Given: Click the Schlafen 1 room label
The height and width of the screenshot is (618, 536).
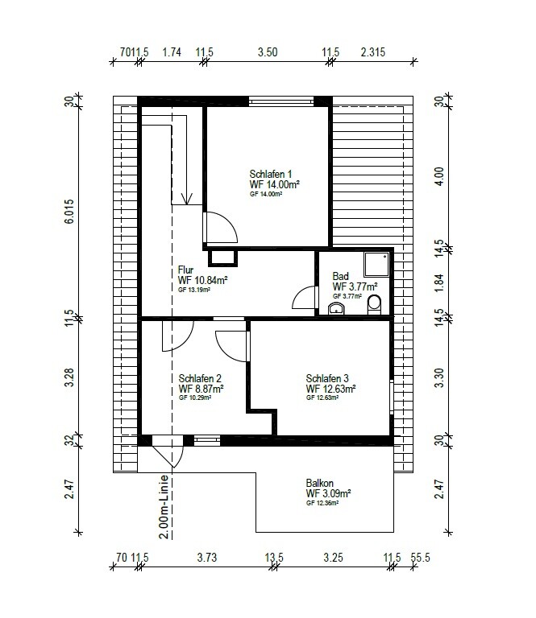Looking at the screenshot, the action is [x=271, y=174].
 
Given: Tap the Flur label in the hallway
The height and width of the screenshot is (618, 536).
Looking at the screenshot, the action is [x=185, y=270].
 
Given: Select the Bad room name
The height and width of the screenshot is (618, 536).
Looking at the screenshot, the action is [x=340, y=276].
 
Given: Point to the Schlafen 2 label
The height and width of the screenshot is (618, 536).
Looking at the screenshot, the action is [x=200, y=378].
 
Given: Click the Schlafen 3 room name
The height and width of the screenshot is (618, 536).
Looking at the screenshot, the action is [x=327, y=378].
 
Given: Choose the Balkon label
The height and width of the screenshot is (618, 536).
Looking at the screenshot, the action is [x=320, y=483].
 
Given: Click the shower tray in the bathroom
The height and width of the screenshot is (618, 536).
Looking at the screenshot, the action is [x=376, y=265].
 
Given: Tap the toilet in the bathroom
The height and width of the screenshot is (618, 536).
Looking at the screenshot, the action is [x=374, y=305].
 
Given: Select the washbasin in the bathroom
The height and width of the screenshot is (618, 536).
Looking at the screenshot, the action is [x=336, y=308].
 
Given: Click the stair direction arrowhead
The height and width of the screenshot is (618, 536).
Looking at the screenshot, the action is [x=187, y=199].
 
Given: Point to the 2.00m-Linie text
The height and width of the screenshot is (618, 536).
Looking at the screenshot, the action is [x=164, y=506].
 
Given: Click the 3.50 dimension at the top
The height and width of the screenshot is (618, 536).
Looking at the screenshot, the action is [x=268, y=52].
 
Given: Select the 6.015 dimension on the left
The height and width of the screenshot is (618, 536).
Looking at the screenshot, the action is [x=69, y=212].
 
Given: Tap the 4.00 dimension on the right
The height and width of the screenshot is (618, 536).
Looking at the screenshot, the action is [x=439, y=176].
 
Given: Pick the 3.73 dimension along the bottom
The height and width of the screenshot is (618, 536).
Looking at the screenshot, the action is [x=207, y=558].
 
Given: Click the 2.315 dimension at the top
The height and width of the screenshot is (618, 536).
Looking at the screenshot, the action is [x=373, y=52].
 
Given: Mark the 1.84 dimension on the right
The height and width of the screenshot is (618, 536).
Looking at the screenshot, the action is [x=439, y=282].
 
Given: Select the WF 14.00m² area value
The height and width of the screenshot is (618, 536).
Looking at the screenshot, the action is [x=274, y=184].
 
